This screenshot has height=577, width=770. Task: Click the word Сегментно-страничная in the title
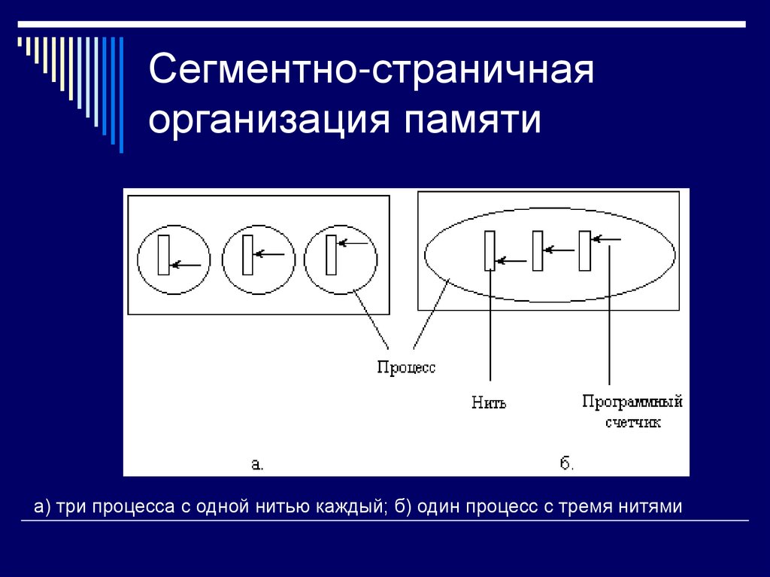point(371,73)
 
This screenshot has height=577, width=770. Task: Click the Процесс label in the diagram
point(406,368)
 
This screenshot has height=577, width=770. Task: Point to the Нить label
point(490,402)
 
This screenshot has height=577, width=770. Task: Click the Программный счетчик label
point(632,411)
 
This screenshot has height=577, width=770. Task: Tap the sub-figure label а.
point(256,464)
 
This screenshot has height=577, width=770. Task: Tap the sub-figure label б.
point(567,463)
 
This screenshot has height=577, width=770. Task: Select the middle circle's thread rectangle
point(247,254)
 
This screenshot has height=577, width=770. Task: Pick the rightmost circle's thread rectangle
point(330,254)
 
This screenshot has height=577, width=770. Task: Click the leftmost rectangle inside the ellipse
point(490,251)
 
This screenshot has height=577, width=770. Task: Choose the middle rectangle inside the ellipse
point(538,251)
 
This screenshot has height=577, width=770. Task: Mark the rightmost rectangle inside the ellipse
point(585,251)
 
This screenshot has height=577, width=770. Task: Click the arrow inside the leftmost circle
point(188,265)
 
